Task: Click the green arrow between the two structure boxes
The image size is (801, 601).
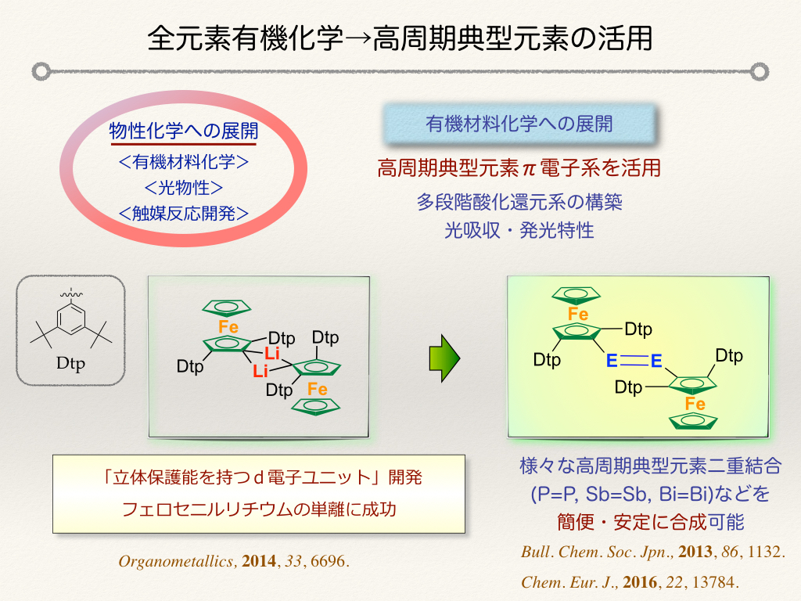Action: point(444,358)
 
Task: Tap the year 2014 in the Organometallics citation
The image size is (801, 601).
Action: point(258,561)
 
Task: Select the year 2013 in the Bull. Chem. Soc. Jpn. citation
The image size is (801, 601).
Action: point(695,552)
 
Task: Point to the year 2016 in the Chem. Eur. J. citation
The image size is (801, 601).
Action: point(640,582)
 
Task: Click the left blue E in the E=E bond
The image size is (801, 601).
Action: point(612,362)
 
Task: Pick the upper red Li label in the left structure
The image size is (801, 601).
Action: point(271,353)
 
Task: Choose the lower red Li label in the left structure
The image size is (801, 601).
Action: point(260,371)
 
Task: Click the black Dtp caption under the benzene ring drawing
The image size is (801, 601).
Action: point(70,364)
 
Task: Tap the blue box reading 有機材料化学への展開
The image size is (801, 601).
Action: point(519,124)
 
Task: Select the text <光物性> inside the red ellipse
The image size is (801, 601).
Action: point(183,188)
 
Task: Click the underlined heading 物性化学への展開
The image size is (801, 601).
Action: point(183,131)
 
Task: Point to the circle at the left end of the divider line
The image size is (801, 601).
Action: point(41,71)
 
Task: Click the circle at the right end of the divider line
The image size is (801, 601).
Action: point(760,71)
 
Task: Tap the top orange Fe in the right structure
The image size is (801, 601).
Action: point(578,315)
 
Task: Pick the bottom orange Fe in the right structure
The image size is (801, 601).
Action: point(695,404)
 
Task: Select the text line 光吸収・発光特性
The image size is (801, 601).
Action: point(519,231)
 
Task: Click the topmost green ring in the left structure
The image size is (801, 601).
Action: point(226,308)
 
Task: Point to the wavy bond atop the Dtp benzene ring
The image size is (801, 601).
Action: point(71,294)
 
